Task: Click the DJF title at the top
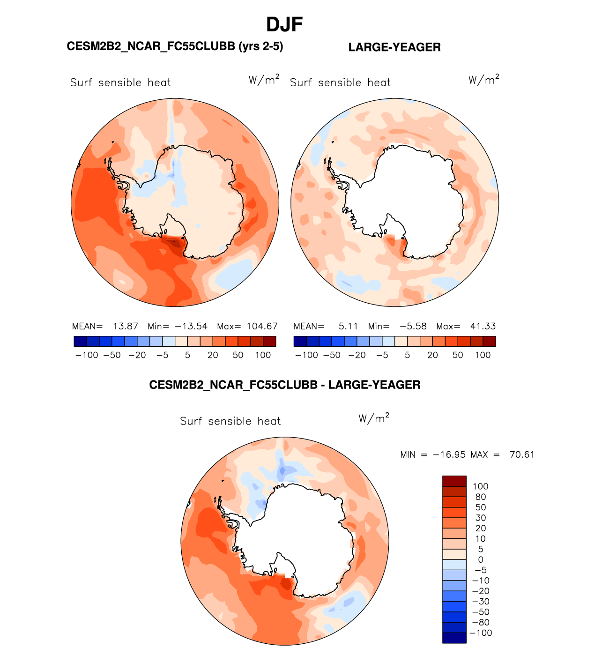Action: [x=284, y=24]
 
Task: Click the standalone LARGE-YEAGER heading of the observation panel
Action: [x=394, y=47]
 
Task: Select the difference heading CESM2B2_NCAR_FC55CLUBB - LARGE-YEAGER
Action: [x=284, y=385]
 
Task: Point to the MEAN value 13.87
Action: [x=126, y=326]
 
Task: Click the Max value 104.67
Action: [x=262, y=326]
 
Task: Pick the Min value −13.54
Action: [x=191, y=326]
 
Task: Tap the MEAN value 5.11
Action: [x=348, y=326]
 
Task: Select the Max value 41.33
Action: [x=482, y=326]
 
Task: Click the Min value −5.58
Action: [x=413, y=326]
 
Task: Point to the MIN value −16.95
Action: [x=449, y=454]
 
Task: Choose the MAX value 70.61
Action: [x=522, y=454]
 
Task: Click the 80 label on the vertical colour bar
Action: [x=481, y=497]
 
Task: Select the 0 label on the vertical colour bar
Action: [x=481, y=560]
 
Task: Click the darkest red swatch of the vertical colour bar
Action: [x=454, y=481]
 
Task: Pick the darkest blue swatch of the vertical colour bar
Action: [x=454, y=638]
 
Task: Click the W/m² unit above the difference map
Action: [x=374, y=418]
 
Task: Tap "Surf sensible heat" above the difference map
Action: [x=230, y=421]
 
